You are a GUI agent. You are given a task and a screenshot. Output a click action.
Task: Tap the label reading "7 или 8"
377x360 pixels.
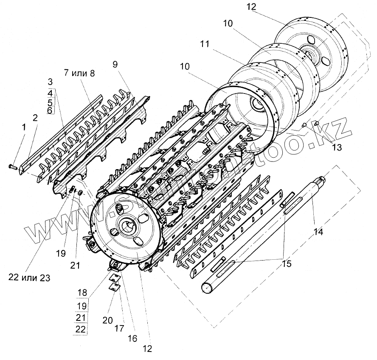click(80, 73)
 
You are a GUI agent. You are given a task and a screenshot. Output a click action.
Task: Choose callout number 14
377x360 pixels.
click(318, 232)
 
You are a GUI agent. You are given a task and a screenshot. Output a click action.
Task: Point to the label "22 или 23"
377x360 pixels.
click(29, 278)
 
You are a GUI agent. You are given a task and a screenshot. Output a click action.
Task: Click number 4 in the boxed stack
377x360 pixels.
click(50, 93)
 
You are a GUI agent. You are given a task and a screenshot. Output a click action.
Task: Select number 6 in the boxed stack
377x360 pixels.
click(50, 110)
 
